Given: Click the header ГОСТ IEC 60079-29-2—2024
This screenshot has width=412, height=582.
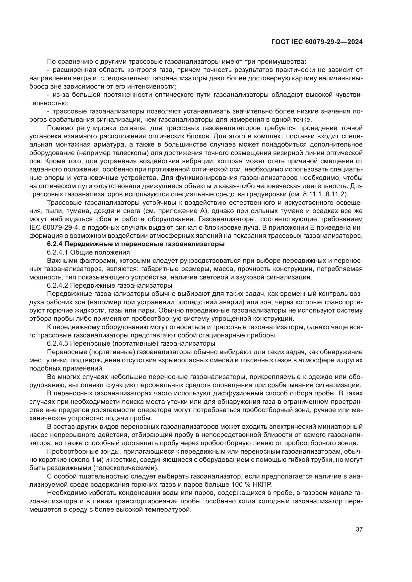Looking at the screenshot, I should [x=317, y=42].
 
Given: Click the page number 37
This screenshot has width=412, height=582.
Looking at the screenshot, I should [x=359, y=529].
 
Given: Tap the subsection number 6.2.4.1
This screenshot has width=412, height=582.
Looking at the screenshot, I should [x=58, y=253].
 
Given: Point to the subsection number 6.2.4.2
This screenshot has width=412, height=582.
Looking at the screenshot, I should [x=58, y=285].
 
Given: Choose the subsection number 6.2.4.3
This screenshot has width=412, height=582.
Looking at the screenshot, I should [x=58, y=343].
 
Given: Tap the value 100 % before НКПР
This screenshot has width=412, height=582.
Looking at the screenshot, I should [x=241, y=484].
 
